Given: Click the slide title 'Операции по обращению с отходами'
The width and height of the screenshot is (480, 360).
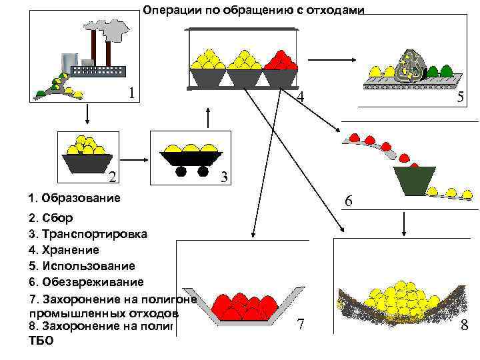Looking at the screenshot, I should tap(253, 10).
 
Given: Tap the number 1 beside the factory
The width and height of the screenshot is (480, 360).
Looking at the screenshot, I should tap(133, 92).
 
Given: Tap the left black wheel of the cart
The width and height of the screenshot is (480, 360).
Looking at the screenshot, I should tap(181, 171).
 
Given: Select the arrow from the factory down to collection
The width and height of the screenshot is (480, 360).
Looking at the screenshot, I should tap(87, 115).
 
